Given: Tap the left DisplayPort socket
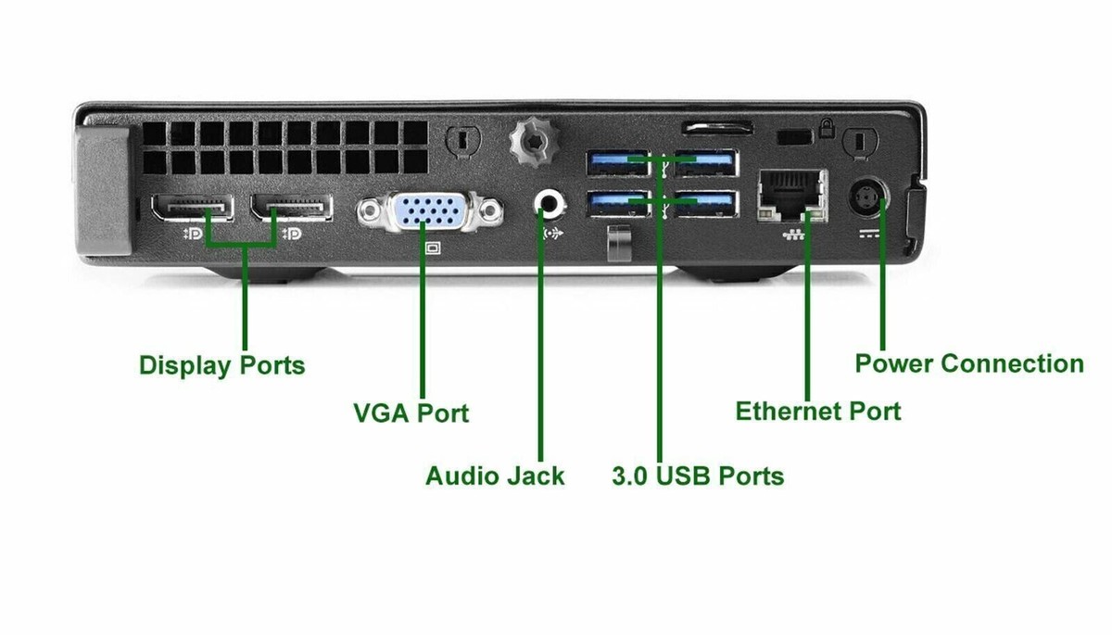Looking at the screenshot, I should pyautogui.click(x=191, y=207).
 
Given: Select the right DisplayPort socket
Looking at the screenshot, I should pyautogui.click(x=292, y=207).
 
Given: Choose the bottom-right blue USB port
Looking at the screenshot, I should pyautogui.click(x=706, y=203).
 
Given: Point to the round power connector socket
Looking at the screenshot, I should pyautogui.click(x=869, y=196).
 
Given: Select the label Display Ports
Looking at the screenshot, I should pyautogui.click(x=221, y=364).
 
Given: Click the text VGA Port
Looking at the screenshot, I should pyautogui.click(x=411, y=412).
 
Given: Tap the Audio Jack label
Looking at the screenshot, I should pyautogui.click(x=495, y=476).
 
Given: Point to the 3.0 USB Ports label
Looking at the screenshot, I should pyautogui.click(x=698, y=476).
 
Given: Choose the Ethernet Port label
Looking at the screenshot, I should pyautogui.click(x=817, y=411).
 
